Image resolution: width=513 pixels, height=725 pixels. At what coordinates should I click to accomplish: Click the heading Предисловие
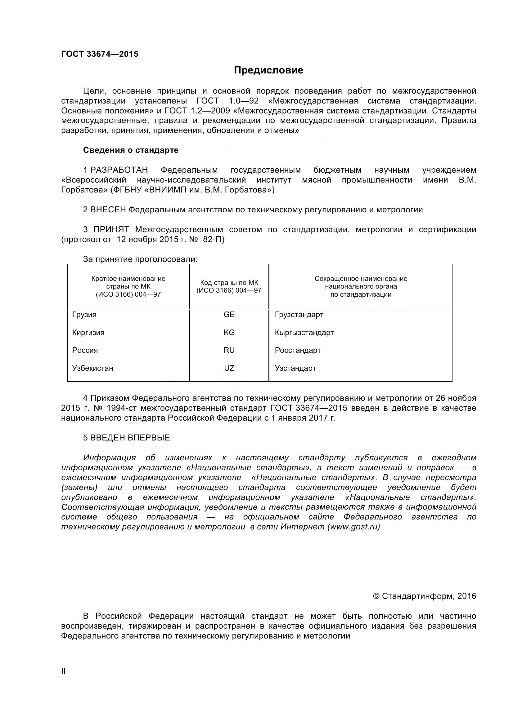coord(268,70)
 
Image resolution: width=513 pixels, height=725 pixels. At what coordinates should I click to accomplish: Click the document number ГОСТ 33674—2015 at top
coord(100,54)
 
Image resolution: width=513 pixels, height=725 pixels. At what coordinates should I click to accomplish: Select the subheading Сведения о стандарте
coord(131,150)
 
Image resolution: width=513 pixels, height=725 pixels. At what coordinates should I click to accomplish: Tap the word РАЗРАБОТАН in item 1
coord(119,170)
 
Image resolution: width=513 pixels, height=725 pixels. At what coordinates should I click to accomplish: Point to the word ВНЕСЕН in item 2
coord(108,210)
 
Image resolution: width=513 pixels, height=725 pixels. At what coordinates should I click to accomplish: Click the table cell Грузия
coord(84,315)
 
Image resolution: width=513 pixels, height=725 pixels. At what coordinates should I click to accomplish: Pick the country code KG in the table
coord(229,333)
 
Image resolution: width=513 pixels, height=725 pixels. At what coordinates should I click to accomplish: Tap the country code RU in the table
coord(229,350)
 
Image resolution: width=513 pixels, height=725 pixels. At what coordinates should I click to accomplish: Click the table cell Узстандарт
coord(295,368)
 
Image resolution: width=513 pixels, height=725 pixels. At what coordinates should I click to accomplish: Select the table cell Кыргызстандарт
coord(304,333)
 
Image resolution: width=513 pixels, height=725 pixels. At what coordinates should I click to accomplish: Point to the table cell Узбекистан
coord(92,368)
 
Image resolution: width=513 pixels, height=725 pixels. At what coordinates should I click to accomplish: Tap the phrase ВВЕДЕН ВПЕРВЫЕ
coord(130,438)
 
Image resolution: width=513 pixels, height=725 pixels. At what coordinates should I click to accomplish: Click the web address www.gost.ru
coord(353,527)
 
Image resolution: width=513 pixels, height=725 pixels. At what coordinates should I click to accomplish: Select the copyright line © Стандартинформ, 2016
coord(425,596)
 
